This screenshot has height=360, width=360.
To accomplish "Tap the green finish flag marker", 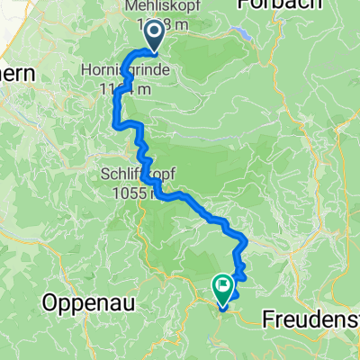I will [x=222, y=287].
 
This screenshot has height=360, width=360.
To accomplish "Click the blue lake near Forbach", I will [x=242, y=34].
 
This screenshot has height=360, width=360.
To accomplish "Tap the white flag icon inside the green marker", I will [x=222, y=284].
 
